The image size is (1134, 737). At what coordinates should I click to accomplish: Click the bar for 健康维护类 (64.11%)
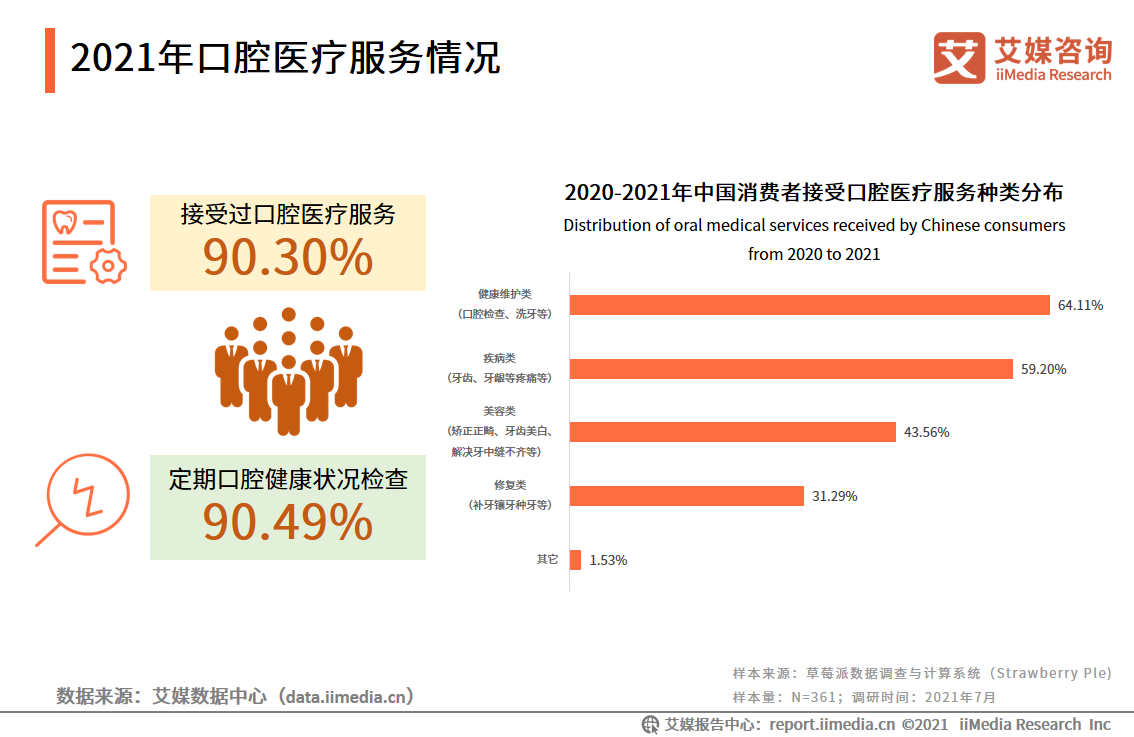tap(809, 305)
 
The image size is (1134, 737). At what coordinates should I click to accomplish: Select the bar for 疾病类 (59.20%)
tap(791, 369)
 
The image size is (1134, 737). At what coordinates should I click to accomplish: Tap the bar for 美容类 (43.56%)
tap(732, 432)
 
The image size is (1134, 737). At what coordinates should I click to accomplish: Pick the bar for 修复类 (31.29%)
tap(687, 496)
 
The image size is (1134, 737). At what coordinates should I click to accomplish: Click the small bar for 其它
tap(575, 560)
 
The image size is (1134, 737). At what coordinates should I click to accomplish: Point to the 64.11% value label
tap(1080, 305)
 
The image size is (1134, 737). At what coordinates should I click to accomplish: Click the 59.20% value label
tap(1043, 369)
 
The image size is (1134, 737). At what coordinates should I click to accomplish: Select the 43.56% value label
tap(926, 432)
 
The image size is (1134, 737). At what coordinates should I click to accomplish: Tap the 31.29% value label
tap(834, 496)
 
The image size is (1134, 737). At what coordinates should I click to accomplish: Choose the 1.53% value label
tap(608, 560)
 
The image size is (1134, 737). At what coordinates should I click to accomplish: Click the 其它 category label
tap(547, 559)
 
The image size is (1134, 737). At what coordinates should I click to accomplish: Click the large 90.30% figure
tap(288, 258)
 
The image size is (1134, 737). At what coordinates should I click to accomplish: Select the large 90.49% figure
tap(288, 523)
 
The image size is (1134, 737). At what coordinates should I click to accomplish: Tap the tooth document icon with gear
tap(84, 242)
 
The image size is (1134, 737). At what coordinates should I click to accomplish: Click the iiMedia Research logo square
tap(959, 58)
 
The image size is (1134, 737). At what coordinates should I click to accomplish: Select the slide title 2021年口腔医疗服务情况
tap(285, 58)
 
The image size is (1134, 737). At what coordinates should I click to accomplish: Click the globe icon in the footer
tap(650, 724)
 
